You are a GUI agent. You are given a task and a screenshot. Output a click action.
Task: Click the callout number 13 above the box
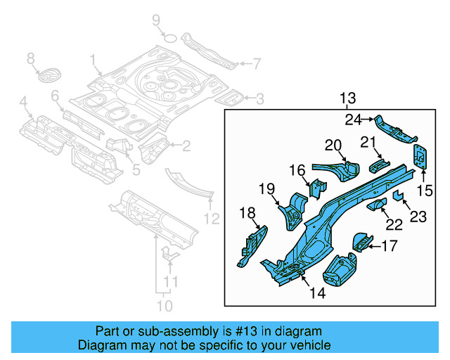[348, 97]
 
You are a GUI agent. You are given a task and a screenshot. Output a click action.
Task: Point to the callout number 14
[317, 292]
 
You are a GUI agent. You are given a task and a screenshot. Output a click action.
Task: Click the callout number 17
[389, 246]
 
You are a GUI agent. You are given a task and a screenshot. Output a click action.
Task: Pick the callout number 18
[247, 213]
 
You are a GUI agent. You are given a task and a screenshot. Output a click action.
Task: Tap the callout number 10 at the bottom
[163, 306]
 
